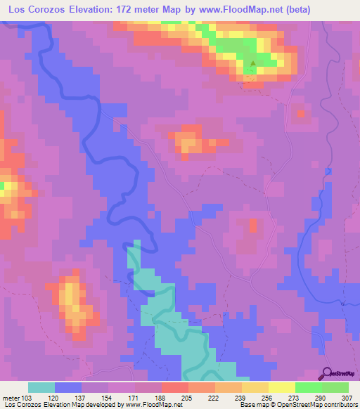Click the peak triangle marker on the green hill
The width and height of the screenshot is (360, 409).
254,65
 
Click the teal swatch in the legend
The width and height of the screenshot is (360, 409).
41,387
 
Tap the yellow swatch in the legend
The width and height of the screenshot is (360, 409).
282,387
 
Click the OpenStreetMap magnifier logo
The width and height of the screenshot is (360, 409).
326,373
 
